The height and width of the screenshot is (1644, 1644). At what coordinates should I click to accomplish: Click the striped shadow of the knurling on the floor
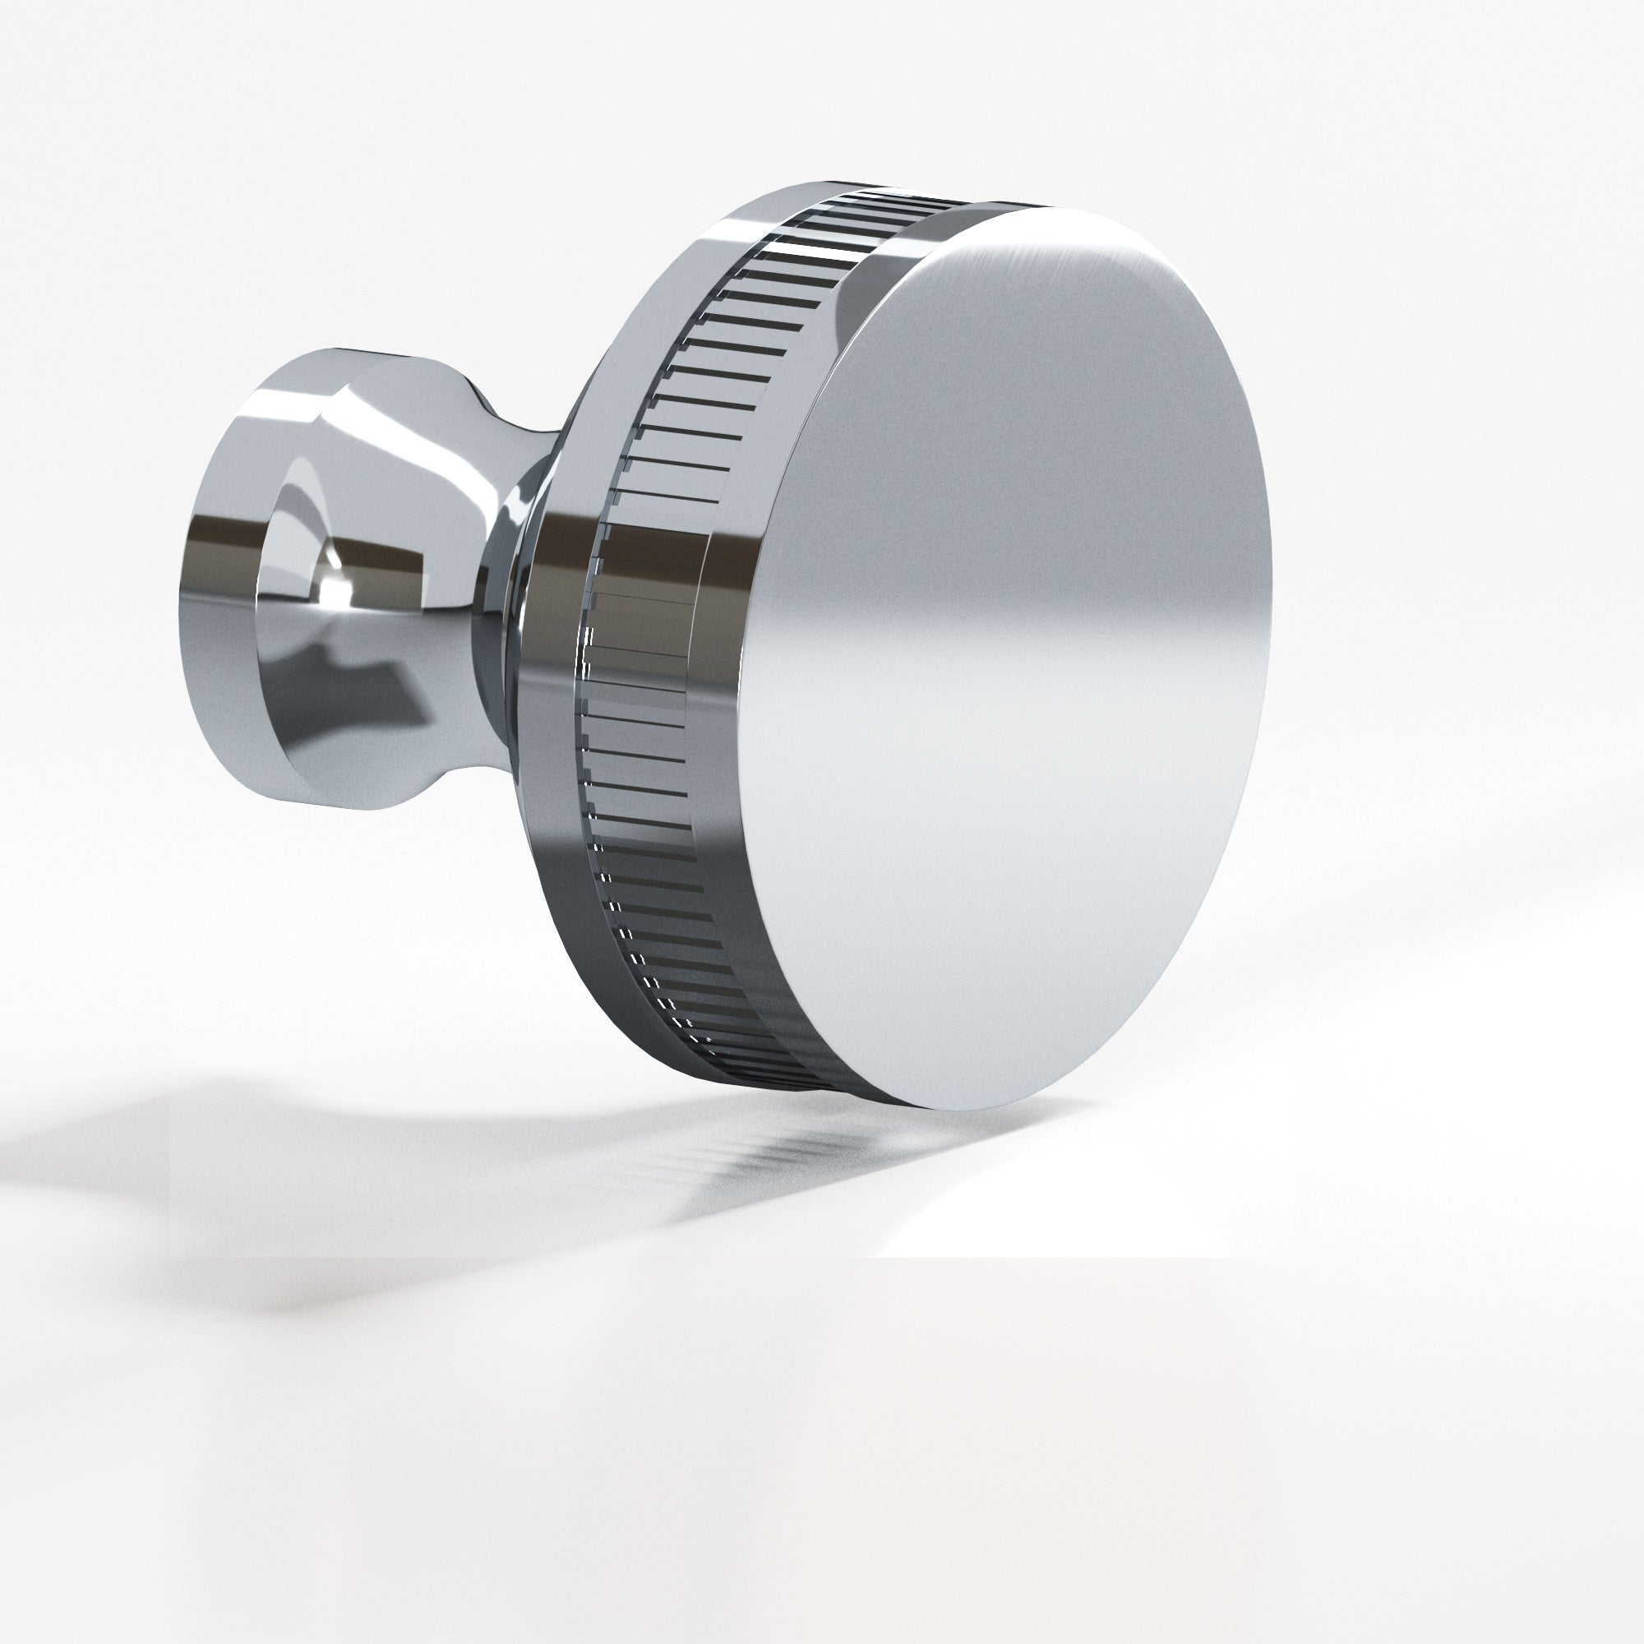pyautogui.click(x=808, y=1149)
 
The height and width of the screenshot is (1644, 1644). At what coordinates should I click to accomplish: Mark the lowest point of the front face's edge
pyautogui.click(x=944, y=1111)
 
